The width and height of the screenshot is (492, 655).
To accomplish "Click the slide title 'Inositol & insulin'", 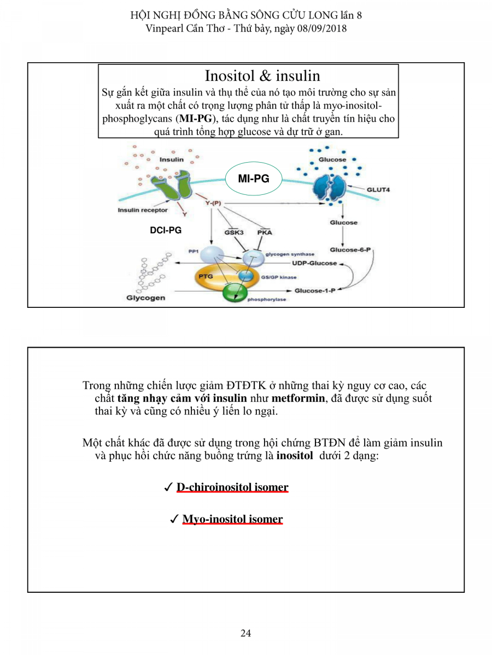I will click(x=262, y=75).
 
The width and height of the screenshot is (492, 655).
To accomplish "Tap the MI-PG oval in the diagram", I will click(x=253, y=178).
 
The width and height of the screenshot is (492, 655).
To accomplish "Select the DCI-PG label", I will click(x=166, y=231).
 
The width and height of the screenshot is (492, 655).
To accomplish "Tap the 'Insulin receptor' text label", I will click(x=143, y=210).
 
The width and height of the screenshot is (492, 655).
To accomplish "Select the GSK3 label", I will click(x=234, y=232).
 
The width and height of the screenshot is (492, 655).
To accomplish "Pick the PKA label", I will click(x=265, y=232).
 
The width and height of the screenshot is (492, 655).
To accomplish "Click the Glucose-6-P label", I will click(x=350, y=249).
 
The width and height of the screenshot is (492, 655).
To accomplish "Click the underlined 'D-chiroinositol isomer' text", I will click(x=232, y=487).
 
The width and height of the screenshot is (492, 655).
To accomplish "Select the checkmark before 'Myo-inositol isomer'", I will click(x=174, y=519).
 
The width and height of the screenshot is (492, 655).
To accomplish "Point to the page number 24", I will click(x=245, y=633).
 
